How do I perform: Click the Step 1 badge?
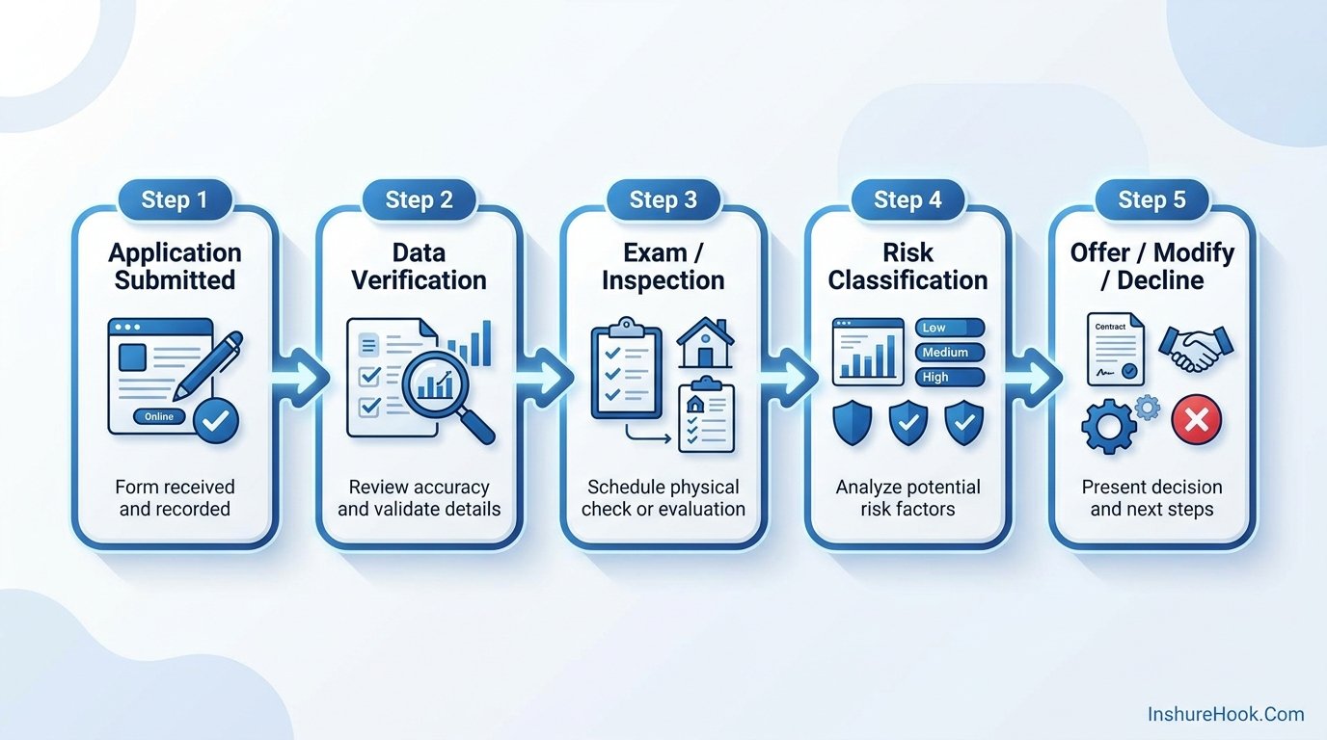[x=175, y=199]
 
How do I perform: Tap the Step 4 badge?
[x=907, y=199]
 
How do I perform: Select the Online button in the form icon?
[x=159, y=416]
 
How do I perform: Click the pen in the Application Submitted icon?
[x=208, y=364]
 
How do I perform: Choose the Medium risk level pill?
[x=950, y=353]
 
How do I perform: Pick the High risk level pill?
[x=950, y=377]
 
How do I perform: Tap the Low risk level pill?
[x=950, y=328]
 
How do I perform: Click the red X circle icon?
[x=1196, y=420]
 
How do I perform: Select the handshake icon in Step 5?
[x=1196, y=348]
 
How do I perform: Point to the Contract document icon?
[x=1116, y=349]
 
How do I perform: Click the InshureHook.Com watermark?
[x=1226, y=714]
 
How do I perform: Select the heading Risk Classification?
[x=907, y=266]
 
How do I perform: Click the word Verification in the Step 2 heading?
[x=419, y=280]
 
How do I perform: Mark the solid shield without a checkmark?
[x=852, y=423]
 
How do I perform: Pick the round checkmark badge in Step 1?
[x=216, y=421]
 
